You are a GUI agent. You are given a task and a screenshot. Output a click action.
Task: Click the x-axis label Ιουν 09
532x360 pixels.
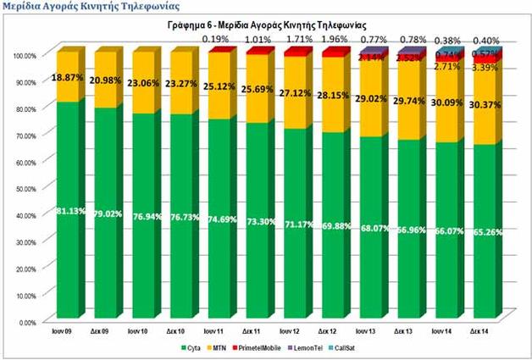tap(69, 331)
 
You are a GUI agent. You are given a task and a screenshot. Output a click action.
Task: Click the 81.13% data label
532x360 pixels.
tap(71, 211)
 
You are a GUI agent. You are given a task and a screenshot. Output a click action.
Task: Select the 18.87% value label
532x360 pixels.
tap(71, 76)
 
